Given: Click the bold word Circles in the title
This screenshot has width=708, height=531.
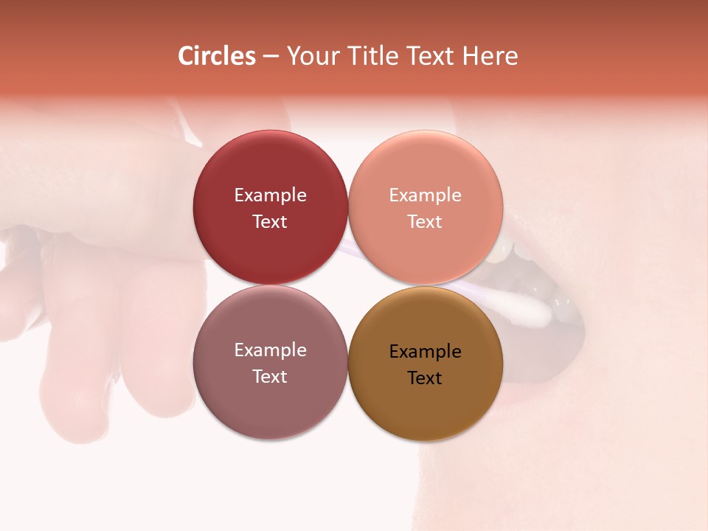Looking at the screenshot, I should point(217,56).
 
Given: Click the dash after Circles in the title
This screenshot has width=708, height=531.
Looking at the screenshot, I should point(271,57).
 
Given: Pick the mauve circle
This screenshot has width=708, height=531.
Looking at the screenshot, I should point(270,402).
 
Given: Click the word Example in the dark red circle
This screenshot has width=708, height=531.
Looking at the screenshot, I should point(270,195).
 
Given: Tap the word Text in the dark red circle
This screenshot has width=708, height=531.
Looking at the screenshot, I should point(270,221).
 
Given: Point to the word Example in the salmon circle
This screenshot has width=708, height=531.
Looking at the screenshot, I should point(425,195).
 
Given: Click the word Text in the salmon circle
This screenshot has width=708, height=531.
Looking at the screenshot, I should point(425,221).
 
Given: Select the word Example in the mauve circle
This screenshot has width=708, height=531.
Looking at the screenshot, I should point(270,350).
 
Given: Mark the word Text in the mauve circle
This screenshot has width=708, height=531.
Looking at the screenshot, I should point(270,376).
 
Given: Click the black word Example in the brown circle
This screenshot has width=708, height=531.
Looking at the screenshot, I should point(425,352).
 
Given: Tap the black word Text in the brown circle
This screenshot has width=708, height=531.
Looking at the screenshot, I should point(425,378).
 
